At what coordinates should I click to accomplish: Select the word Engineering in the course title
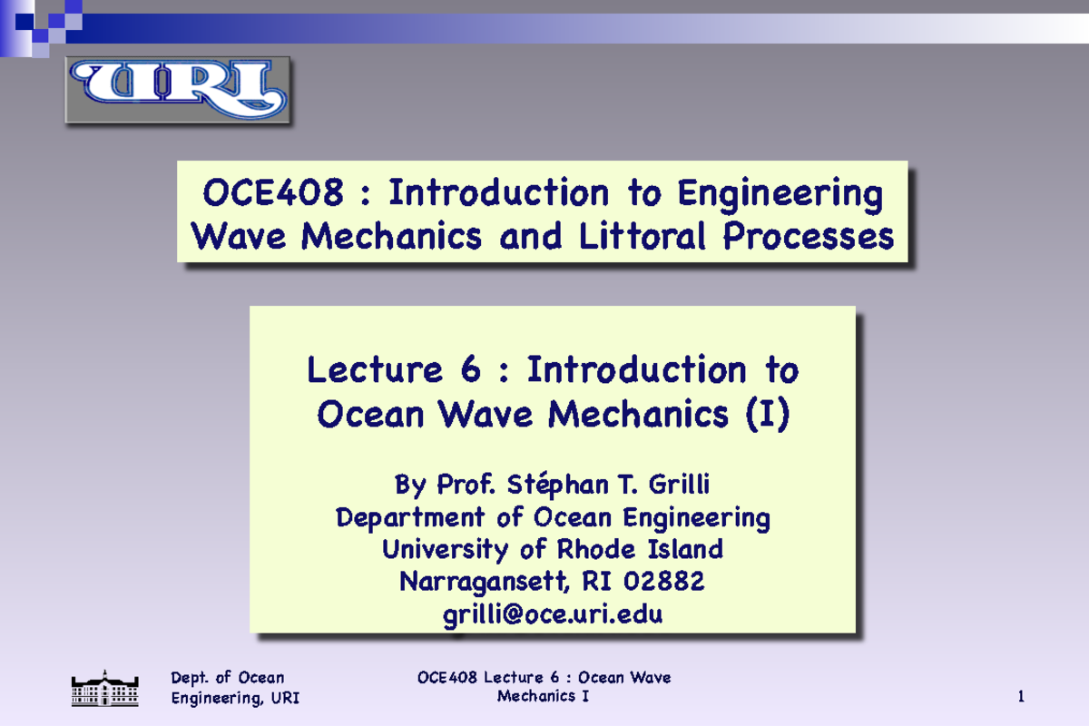(780, 193)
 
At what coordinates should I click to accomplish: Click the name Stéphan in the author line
(550, 486)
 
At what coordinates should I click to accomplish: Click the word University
(446, 550)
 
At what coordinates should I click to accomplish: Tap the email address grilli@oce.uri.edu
(553, 614)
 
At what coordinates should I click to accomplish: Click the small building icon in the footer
(105, 688)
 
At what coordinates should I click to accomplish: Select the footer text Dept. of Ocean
(228, 678)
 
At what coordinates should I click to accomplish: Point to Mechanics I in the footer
(544, 696)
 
